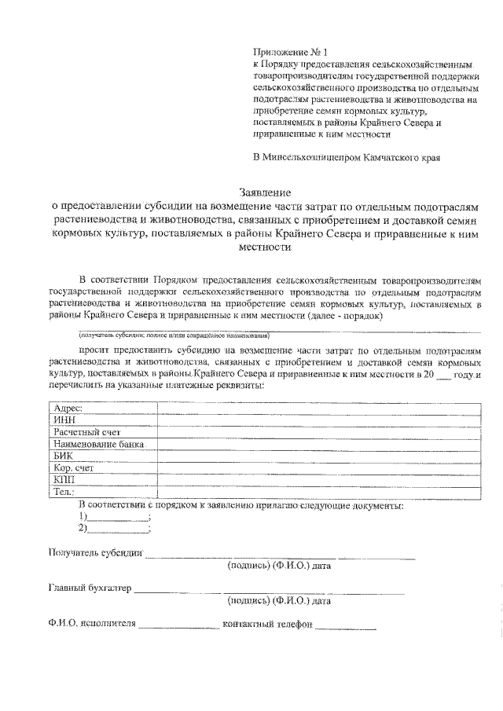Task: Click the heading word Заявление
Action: point(266,191)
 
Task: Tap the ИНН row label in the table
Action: point(63,420)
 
